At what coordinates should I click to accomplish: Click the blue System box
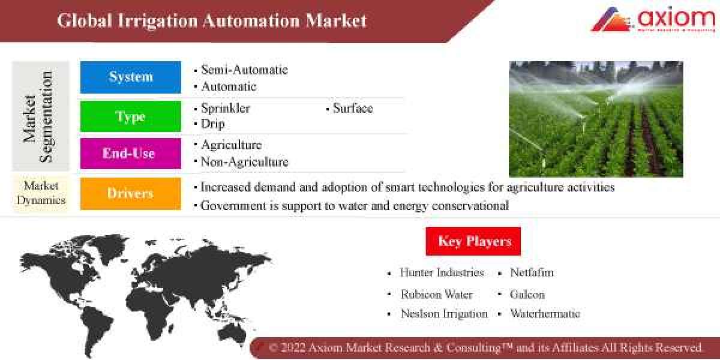[131, 77]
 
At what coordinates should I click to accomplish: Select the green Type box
[131, 116]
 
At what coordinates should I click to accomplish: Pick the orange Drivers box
[131, 193]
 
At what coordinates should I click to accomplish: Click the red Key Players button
[473, 241]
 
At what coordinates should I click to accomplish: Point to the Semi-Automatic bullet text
[244, 70]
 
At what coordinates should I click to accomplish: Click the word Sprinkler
[226, 109]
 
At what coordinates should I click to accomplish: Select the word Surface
[353, 109]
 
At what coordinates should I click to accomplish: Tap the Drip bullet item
[213, 124]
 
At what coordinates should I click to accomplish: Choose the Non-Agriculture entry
[244, 162]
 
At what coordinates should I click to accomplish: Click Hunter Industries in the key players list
[442, 272]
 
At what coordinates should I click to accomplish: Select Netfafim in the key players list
[532, 272]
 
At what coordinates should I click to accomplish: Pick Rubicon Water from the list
[437, 295]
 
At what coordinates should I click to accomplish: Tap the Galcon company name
[527, 295]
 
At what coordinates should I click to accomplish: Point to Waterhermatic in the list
[545, 314]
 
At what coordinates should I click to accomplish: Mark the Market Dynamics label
[41, 193]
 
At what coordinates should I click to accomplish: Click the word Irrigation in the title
[157, 21]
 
